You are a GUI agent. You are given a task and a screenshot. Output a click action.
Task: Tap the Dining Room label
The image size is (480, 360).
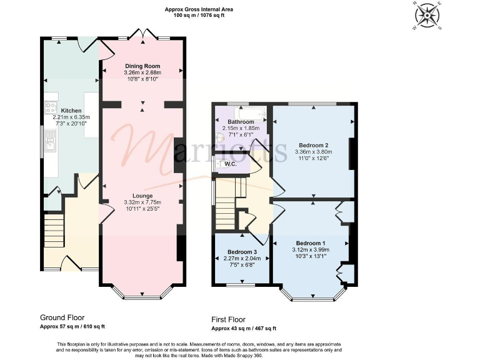[142, 66]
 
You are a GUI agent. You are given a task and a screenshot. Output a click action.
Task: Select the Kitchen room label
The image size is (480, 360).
[71, 110]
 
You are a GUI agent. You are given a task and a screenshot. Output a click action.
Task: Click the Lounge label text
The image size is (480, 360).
[142, 196]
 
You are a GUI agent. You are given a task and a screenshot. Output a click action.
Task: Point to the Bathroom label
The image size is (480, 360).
[240, 122]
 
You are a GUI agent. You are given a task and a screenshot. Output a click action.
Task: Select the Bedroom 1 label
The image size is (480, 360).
[311, 242]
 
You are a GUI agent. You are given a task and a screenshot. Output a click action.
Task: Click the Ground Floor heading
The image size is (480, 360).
[62, 317]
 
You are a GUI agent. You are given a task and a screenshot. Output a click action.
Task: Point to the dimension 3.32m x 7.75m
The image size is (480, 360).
[142, 202]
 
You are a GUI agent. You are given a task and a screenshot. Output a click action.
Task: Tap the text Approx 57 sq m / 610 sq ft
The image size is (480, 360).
[72, 326]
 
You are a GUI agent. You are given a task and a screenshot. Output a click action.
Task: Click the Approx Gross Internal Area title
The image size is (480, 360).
[194, 9]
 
